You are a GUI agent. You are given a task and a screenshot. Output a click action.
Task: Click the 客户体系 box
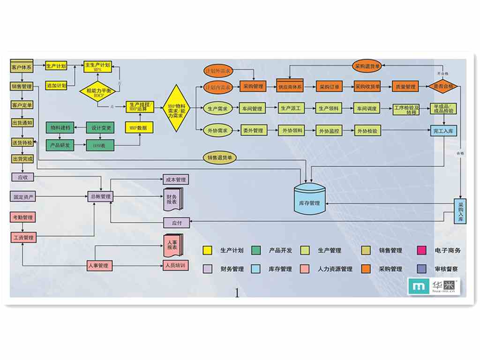pos(21,67)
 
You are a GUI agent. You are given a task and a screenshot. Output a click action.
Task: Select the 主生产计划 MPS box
pos(97,67)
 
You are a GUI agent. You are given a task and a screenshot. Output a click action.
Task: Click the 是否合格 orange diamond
pos(442,87)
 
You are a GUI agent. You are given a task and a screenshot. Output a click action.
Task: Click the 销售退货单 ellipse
pos(220,158)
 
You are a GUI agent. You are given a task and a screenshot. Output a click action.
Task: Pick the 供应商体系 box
pos(291,87)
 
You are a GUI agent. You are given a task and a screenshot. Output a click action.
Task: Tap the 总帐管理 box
pos(100,196)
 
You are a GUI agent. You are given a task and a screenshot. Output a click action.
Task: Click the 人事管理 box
pos(98,265)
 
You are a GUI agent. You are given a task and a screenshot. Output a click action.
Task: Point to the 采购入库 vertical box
pos(460,211)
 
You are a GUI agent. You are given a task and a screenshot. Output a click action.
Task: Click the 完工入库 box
pos(443,131)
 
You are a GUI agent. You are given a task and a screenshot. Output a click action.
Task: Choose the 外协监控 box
pos(329,131)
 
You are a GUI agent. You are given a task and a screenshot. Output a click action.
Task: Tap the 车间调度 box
pos(367,108)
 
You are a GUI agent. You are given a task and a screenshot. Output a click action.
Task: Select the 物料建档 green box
pos(60,127)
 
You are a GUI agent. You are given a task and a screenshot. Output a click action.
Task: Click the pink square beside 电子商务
pos(421,250)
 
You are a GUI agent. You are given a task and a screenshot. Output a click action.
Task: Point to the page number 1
pos(237,293)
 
